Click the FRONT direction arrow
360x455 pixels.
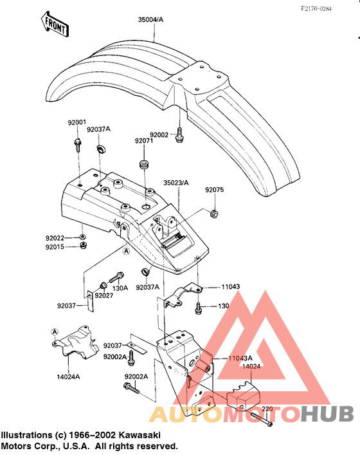pyautogui.click(x=55, y=24)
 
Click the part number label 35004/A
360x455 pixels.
pyautogui.click(x=150, y=20)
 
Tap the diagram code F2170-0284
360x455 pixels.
pyautogui.click(x=316, y=9)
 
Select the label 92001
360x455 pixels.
pyautogui.click(x=76, y=122)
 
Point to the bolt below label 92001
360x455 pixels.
pyautogui.click(x=78, y=145)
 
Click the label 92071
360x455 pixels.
pyautogui.click(x=144, y=141)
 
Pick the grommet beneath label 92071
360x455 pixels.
pyautogui.click(x=144, y=164)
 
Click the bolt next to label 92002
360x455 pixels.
pyautogui.click(x=179, y=135)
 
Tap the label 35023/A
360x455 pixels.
pyautogui.click(x=176, y=183)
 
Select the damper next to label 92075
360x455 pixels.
pyautogui.click(x=214, y=214)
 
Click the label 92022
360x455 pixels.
pyautogui.click(x=55, y=238)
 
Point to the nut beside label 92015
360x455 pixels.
pyautogui.click(x=84, y=245)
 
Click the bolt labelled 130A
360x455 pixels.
pyautogui.click(x=116, y=277)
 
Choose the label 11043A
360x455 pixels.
pyautogui.click(x=240, y=358)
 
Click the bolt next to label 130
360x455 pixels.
pyautogui.click(x=198, y=308)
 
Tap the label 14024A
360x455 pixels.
pyautogui.click(x=68, y=376)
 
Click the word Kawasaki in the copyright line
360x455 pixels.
pyautogui.click(x=138, y=435)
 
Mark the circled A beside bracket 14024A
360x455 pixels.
pyautogui.click(x=55, y=332)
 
